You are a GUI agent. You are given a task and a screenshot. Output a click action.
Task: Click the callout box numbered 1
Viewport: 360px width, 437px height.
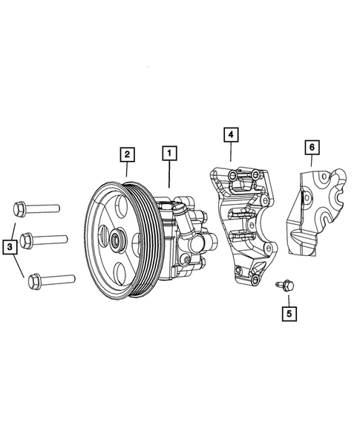tap(170, 154)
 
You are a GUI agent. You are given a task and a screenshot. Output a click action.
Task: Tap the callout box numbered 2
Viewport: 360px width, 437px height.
tap(128, 154)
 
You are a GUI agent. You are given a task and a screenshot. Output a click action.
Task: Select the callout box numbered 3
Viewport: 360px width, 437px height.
tap(10, 245)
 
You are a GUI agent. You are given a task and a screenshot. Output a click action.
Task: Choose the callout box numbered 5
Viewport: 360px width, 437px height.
tap(289, 313)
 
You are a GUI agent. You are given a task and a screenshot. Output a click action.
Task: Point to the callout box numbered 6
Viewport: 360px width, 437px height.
tap(311, 147)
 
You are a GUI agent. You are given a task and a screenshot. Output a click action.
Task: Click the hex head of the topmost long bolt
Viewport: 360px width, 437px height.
tap(20, 208)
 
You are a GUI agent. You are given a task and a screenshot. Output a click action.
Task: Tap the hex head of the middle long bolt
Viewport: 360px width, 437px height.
tap(26, 240)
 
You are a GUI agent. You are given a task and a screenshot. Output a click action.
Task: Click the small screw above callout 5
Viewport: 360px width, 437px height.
tap(284, 284)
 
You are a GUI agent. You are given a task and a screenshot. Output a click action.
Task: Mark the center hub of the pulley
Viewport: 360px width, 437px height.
tap(117, 240)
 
